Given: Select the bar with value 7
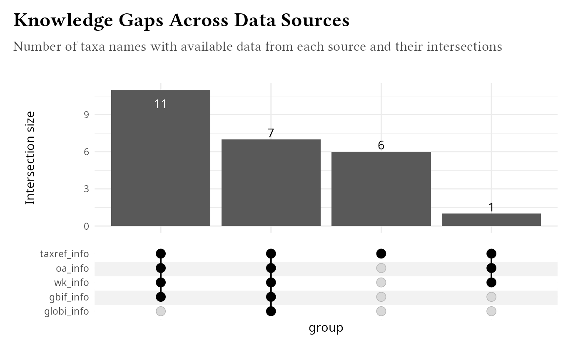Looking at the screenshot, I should tap(271, 183).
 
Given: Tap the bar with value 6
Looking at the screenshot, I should tap(381, 189).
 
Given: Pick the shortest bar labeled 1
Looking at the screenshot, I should tap(491, 220).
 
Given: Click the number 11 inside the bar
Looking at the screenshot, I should tap(160, 104).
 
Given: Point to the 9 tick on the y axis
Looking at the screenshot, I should tap(86, 114).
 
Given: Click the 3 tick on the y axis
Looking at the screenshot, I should tap(86, 189).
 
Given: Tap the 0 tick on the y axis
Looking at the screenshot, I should tap(86, 226).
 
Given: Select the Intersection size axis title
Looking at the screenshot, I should tap(30, 158).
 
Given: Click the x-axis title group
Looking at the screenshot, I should tap(326, 328).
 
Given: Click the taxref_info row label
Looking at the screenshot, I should tap(65, 254).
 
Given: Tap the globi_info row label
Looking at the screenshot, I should tap(67, 311).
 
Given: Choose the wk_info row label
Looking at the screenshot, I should tap(71, 283).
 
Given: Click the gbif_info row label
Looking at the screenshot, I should tap(69, 297).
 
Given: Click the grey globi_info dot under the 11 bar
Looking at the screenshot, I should tap(161, 311).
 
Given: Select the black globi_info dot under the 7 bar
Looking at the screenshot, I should tap(271, 311).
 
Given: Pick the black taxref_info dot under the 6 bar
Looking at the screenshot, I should tap(381, 253).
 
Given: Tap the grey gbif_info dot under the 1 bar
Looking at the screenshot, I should tap(491, 297).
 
